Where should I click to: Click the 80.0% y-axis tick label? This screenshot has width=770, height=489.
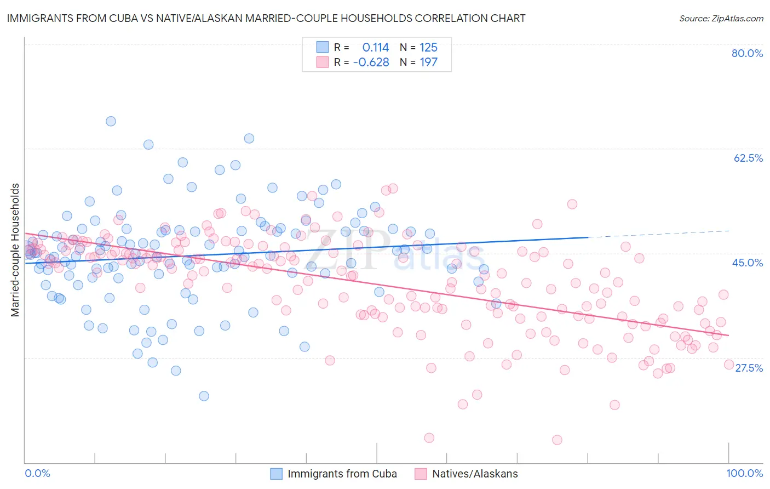(747, 53)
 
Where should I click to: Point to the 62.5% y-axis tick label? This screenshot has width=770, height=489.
(748, 158)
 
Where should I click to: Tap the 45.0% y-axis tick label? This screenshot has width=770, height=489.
(748, 263)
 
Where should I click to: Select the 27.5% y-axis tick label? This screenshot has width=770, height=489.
(749, 368)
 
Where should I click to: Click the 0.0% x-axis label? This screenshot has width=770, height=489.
(37, 473)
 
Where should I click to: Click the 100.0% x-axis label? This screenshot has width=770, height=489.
(745, 473)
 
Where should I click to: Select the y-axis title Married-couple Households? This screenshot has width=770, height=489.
(15, 250)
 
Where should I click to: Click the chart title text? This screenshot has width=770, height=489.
(266, 18)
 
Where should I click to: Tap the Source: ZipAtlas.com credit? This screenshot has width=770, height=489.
(721, 18)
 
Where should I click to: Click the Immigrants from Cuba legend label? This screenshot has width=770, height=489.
(342, 474)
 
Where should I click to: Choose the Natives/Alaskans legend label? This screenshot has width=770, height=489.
(475, 474)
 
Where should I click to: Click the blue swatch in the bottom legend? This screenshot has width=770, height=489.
(277, 474)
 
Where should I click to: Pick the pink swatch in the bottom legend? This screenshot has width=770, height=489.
(421, 474)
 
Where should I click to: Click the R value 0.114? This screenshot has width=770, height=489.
(376, 48)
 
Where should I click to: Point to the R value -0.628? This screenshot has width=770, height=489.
(371, 62)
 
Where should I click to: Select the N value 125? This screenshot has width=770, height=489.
(428, 48)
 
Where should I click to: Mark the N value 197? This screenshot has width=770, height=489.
(428, 62)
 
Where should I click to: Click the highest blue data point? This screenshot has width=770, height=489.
(111, 121)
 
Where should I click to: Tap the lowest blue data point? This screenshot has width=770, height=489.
(204, 396)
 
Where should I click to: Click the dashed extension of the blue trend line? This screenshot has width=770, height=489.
(657, 234)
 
